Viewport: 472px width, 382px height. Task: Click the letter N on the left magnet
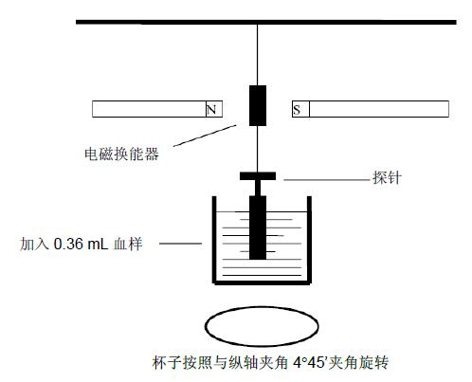click(x=211, y=110)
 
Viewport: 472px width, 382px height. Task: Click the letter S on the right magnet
click(x=297, y=110)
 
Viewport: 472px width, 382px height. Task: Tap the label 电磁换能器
click(x=121, y=154)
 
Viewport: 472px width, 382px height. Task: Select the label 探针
click(x=388, y=177)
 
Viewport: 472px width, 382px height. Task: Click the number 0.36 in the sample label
click(x=68, y=244)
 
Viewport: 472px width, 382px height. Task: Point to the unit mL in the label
click(x=98, y=244)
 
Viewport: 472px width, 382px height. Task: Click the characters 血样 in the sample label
click(x=128, y=244)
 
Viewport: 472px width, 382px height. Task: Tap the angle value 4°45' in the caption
click(x=309, y=362)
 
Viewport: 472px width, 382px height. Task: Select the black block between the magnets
click(x=258, y=105)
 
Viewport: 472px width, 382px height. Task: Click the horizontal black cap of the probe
click(x=258, y=176)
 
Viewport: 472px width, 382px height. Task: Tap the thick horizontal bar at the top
click(x=266, y=22)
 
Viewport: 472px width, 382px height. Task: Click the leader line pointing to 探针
click(x=327, y=180)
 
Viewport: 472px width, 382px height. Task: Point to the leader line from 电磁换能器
click(x=205, y=136)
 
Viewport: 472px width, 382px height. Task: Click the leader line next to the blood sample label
click(x=180, y=244)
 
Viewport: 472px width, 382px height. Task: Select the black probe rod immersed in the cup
click(x=258, y=227)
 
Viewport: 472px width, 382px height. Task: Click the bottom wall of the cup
click(x=262, y=282)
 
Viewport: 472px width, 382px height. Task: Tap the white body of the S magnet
click(x=379, y=109)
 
